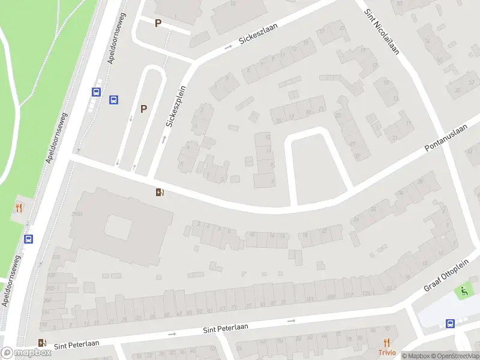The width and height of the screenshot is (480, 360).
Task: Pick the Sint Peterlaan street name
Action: coord(226,328)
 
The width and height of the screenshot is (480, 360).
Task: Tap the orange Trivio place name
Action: coord(386,353)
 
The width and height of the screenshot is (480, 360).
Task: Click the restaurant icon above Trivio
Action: coord(387,343)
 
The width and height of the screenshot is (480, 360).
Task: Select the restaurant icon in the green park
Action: coord(19,208)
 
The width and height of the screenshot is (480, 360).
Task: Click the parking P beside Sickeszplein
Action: coord(143,109)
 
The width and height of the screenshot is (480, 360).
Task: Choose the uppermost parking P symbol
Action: coord(158,23)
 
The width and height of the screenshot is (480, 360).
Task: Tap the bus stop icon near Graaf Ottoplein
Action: coord(450,323)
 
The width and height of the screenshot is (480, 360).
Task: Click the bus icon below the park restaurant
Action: coord(28,239)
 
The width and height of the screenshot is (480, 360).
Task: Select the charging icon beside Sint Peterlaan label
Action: coord(42,343)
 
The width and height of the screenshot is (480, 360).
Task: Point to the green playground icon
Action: coord(463,292)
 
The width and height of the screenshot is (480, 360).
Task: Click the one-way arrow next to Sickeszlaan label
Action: coord(229,47)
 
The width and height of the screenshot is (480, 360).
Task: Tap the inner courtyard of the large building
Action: coord(118,227)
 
